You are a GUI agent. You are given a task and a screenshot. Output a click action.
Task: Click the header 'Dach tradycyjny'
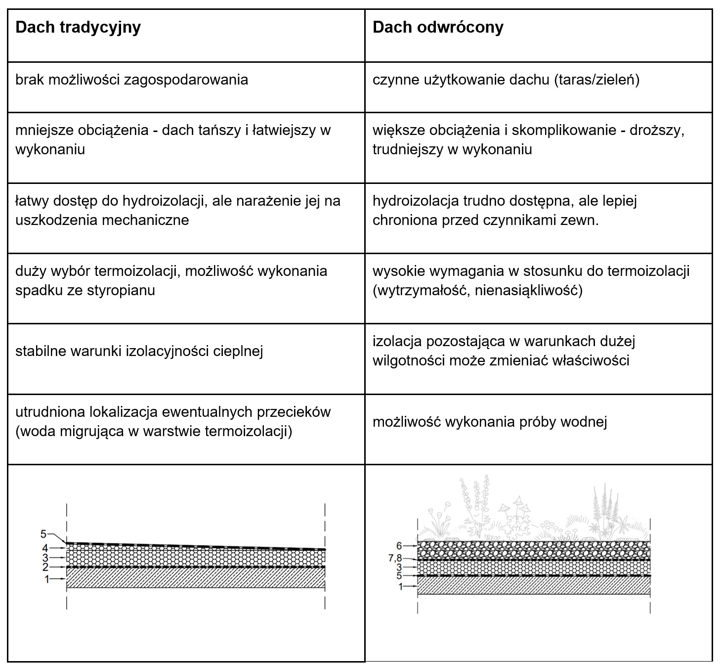[x=78, y=27]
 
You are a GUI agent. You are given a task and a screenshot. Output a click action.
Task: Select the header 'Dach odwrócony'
[x=438, y=27]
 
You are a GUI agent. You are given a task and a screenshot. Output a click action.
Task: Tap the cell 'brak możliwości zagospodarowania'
[x=131, y=80]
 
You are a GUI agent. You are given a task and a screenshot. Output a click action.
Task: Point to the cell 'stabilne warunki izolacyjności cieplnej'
[x=139, y=351]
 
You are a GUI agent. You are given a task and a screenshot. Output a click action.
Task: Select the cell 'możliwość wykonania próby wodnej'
[x=490, y=422]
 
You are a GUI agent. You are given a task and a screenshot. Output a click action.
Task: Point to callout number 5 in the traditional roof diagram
[x=43, y=534]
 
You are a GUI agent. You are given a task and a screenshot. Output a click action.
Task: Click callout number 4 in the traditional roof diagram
[x=44, y=548]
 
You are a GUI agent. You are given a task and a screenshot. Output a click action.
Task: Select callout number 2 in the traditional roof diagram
[x=44, y=567]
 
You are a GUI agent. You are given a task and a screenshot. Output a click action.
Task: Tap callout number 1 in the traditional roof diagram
[x=47, y=579]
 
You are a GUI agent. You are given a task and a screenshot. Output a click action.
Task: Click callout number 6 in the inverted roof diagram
[x=399, y=546]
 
